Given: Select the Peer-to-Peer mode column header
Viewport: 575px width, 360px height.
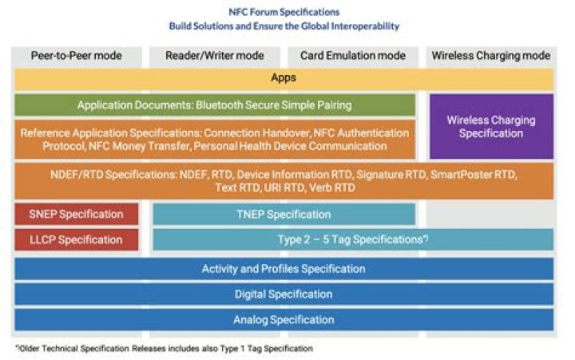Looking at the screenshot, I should point(77,56).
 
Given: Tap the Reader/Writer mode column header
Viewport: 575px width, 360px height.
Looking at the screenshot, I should point(213,56).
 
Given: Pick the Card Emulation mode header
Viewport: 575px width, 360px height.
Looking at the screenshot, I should point(352,56).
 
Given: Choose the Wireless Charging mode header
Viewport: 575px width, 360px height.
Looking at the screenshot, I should point(490,56).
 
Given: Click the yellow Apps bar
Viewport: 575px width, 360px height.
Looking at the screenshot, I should point(284,78).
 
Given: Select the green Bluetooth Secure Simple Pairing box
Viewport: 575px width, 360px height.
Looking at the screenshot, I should point(214,105).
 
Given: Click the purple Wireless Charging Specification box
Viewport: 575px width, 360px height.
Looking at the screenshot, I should point(490,126).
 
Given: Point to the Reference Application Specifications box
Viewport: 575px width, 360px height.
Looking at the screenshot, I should point(214,139).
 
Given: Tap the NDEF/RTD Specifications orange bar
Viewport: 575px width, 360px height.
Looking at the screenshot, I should point(284,180).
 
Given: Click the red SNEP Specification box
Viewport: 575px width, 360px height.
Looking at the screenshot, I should point(77,214).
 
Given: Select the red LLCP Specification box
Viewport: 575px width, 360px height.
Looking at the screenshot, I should point(77,239).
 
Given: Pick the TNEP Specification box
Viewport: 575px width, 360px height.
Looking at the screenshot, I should point(284,214).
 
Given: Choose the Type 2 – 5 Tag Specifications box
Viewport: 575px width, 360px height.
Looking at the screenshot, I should point(352,239).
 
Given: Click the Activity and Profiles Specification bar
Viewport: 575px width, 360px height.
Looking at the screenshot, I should point(284,269).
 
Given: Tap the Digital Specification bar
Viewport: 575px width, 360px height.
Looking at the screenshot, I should point(284,295).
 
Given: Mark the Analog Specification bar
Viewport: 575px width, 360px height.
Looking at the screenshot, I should point(284,319).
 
